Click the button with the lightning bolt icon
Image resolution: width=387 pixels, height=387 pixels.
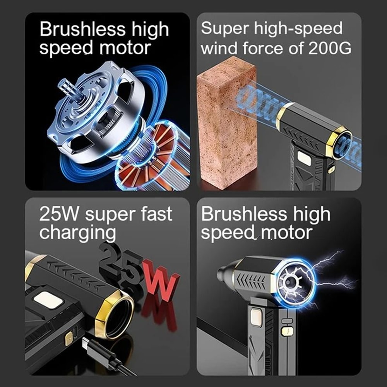click(x=288, y=331)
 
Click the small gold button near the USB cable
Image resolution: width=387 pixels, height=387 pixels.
click(x=69, y=339)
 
